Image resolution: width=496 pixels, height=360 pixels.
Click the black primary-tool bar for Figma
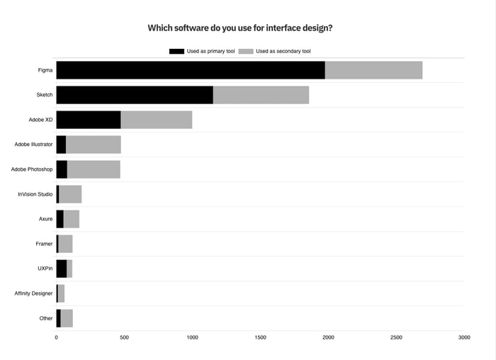(191, 70)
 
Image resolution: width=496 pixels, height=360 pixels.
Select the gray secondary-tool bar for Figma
(373, 70)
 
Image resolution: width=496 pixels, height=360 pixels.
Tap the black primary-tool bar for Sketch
(135, 95)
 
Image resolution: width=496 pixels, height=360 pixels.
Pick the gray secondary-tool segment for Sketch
(261, 95)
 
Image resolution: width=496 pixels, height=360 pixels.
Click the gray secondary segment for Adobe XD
(156, 120)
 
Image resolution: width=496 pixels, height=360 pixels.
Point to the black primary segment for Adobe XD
(89, 120)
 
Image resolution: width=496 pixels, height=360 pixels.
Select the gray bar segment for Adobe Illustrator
(93, 145)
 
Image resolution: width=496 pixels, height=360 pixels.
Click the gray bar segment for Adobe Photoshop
(94, 169)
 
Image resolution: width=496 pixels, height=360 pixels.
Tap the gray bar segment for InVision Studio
(70, 194)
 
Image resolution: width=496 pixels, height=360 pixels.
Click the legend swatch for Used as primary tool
(176, 51)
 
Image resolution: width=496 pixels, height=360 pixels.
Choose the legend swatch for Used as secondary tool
(246, 51)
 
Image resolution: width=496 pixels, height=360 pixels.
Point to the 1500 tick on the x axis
(260, 337)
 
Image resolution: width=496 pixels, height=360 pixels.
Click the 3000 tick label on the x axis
(464, 337)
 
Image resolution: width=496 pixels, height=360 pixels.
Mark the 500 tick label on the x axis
(124, 337)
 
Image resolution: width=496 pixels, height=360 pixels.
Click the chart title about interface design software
(240, 28)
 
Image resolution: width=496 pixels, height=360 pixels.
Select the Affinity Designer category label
(33, 293)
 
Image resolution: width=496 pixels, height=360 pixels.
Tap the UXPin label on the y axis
(45, 269)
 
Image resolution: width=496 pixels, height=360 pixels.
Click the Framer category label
(44, 244)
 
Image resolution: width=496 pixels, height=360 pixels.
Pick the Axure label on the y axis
(45, 219)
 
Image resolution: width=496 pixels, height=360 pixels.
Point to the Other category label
(46, 318)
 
